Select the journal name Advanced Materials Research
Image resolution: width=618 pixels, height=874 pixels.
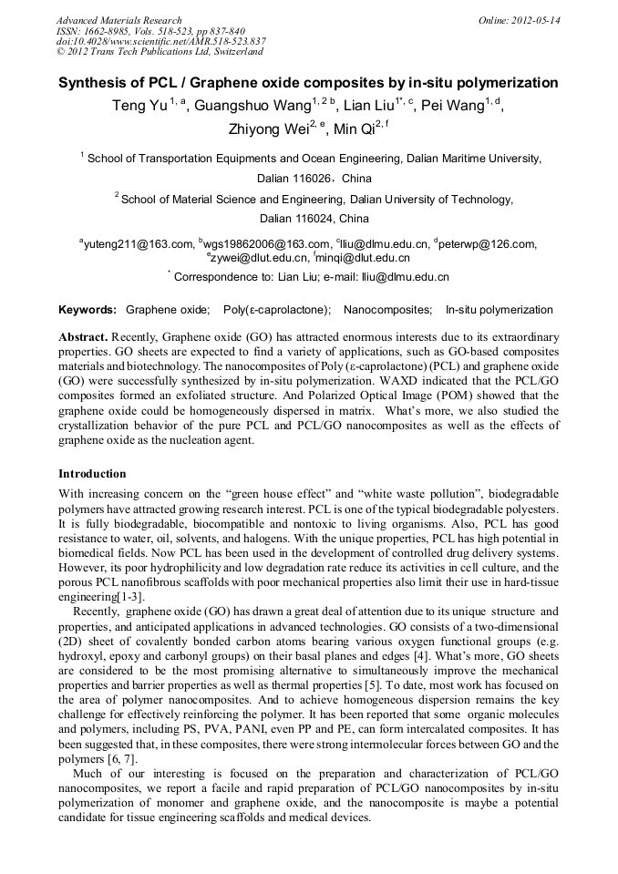[118, 20]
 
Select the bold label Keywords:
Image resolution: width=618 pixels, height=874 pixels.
[88, 310]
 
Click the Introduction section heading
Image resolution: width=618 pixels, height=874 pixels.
[92, 474]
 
